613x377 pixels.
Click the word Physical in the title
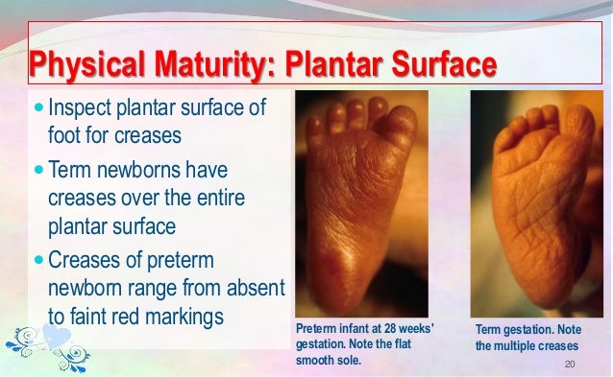coord(81,67)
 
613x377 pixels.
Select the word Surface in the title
coord(446,67)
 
